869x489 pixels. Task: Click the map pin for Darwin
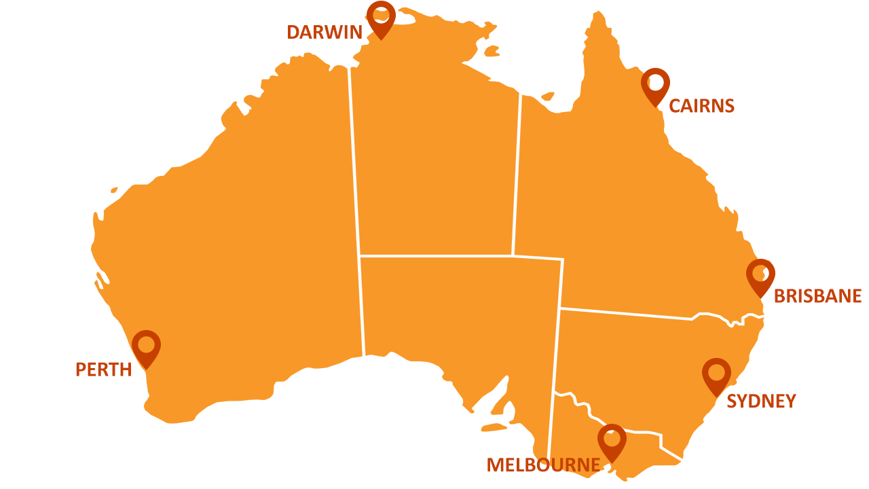pyautogui.click(x=381, y=16)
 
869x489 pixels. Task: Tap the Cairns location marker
pyautogui.click(x=655, y=84)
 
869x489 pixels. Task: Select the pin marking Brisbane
pyautogui.click(x=760, y=275)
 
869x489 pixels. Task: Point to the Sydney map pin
pyautogui.click(x=716, y=374)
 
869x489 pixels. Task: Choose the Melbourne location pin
pyautogui.click(x=612, y=440)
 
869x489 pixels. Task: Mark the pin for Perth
pyautogui.click(x=146, y=346)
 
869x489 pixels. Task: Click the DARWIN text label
pyautogui.click(x=325, y=32)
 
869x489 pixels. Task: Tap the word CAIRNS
pyautogui.click(x=701, y=106)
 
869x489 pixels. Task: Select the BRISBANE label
pyautogui.click(x=817, y=296)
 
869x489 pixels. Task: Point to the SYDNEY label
pyautogui.click(x=760, y=401)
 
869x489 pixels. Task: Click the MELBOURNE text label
pyautogui.click(x=543, y=465)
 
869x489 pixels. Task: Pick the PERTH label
pyautogui.click(x=103, y=369)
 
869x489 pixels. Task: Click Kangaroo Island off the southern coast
pyautogui.click(x=494, y=428)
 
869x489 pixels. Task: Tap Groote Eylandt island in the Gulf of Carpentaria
pyautogui.click(x=492, y=51)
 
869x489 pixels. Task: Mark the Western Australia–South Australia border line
pyautogui.click(x=362, y=306)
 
